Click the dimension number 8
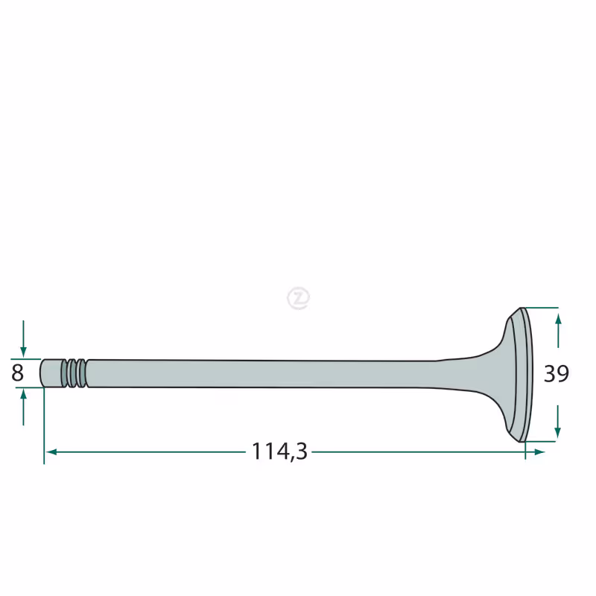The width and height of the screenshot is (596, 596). [x=17, y=373]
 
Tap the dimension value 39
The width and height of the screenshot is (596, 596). [x=556, y=374]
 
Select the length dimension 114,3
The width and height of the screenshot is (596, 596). [x=279, y=451]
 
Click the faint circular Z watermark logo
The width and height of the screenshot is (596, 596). [x=299, y=298]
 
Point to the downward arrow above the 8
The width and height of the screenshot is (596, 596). [x=23, y=339]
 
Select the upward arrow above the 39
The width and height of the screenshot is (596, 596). [x=558, y=330]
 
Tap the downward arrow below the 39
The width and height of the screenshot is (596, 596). [x=557, y=421]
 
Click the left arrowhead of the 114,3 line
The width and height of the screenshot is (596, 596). [x=51, y=452]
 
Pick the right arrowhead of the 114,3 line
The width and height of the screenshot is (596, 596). [x=539, y=452]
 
